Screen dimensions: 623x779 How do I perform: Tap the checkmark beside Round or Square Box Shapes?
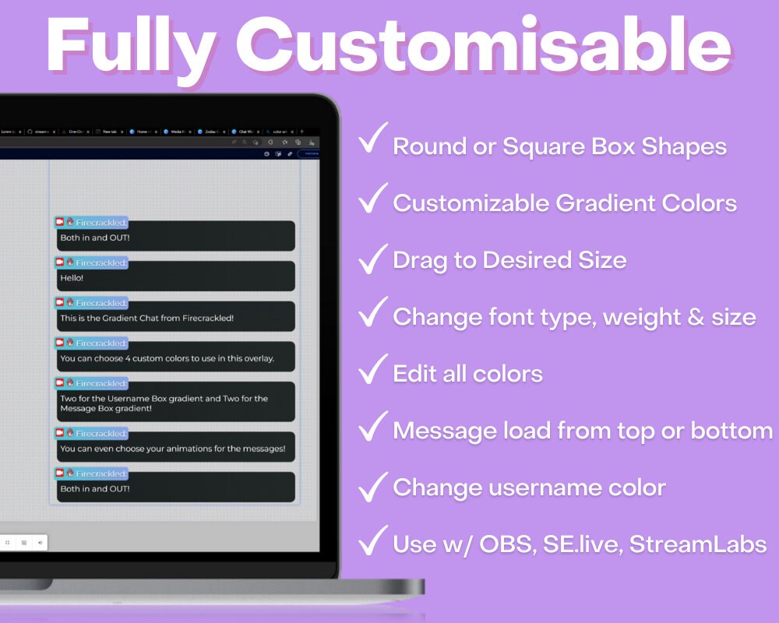pos(372,142)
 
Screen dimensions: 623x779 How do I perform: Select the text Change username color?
pos(529,487)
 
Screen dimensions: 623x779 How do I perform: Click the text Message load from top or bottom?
pos(583,431)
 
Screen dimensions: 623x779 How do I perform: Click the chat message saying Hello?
pos(175,276)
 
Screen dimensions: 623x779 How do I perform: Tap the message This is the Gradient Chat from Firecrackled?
pos(175,317)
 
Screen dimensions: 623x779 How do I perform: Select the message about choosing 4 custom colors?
pos(175,358)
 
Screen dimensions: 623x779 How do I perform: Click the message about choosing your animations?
pos(175,448)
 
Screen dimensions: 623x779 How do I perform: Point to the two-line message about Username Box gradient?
pos(175,403)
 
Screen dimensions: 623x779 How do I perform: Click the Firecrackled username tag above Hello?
pos(100,263)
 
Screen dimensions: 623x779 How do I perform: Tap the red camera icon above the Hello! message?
pos(59,262)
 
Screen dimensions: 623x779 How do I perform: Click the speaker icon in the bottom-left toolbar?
pos(40,542)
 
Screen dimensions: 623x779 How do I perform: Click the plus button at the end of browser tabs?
pos(302,132)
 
